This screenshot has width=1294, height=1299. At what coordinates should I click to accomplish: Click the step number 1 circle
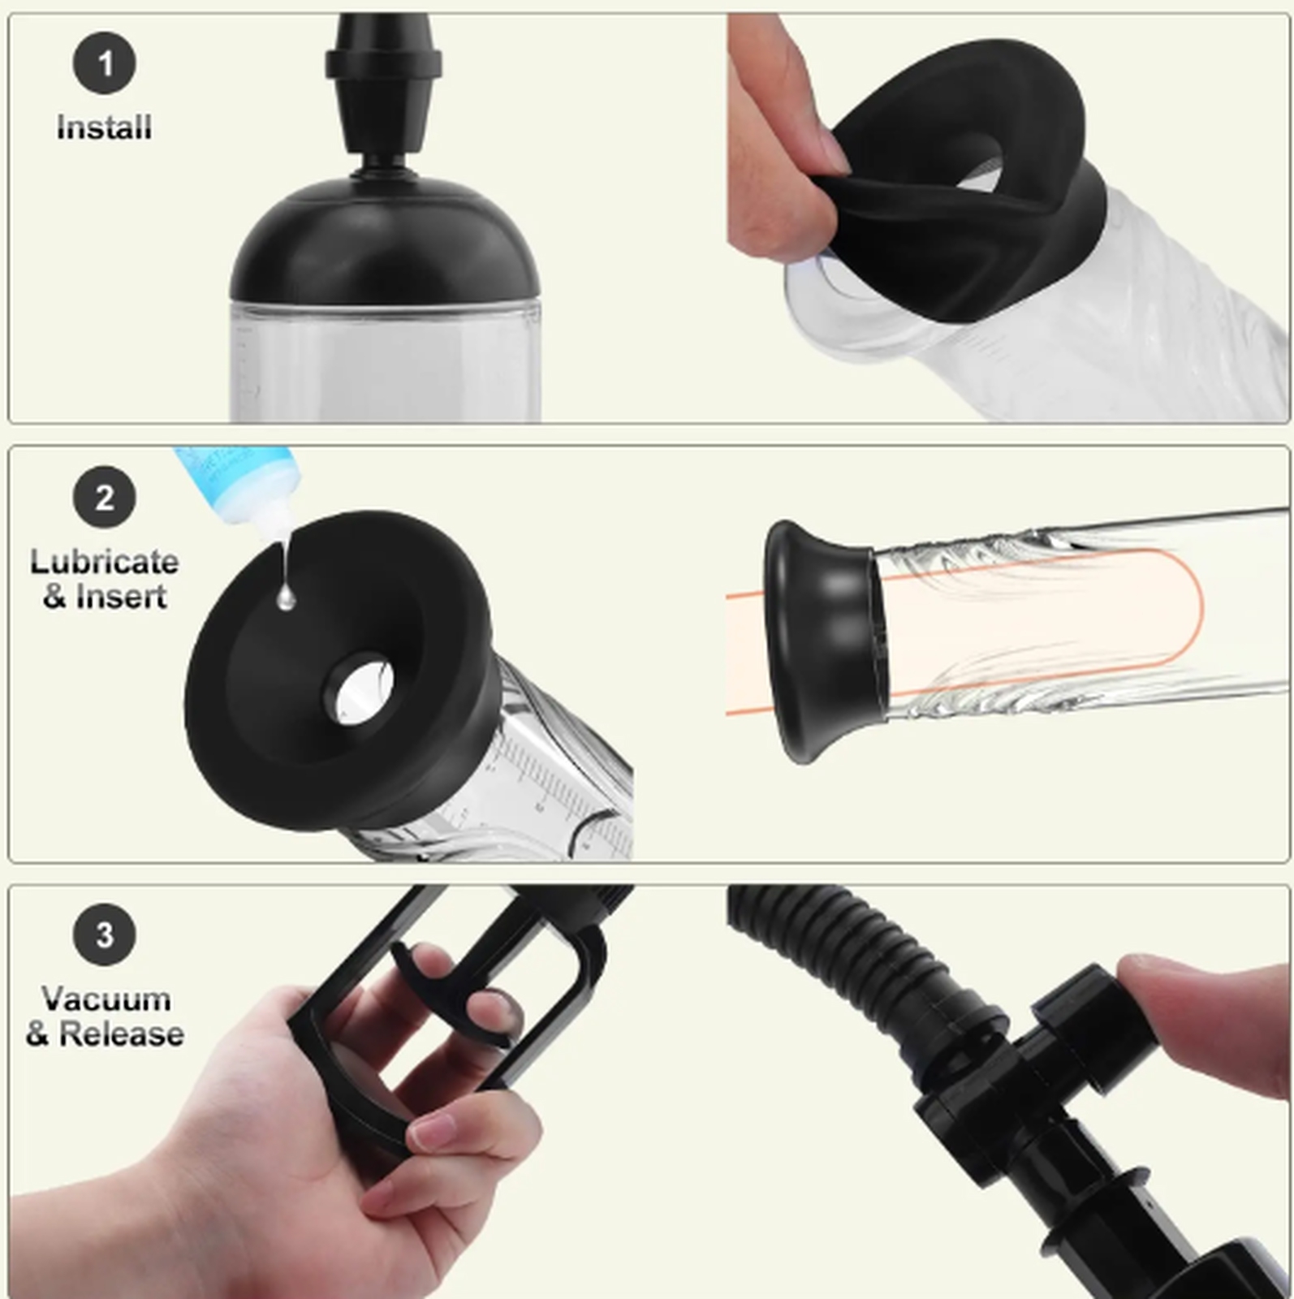(104, 63)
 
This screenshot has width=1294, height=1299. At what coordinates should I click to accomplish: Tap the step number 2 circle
(104, 498)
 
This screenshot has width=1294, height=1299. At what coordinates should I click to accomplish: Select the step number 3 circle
(104, 934)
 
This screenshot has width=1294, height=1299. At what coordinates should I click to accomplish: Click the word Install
(104, 127)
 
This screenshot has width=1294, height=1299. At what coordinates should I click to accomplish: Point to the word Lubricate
(104, 562)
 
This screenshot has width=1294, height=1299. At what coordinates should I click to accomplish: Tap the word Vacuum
(106, 999)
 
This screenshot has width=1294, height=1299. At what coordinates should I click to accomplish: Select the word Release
(122, 1034)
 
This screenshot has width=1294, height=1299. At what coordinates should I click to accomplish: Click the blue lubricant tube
(235, 487)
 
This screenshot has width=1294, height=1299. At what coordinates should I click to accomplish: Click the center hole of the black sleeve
(360, 690)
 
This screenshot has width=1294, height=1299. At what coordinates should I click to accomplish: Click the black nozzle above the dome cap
(383, 89)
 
